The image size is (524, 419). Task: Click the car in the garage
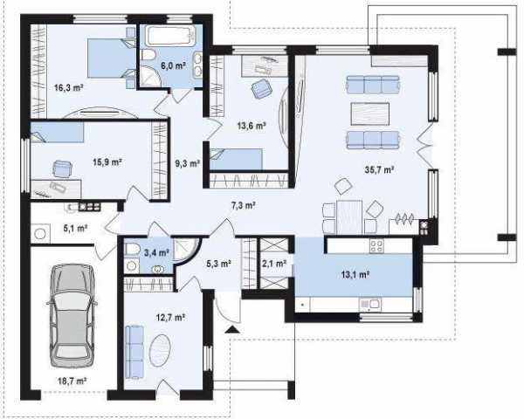tap(72, 316)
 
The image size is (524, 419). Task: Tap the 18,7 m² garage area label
tap(72, 381)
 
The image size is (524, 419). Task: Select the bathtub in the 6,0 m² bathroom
tap(171, 37)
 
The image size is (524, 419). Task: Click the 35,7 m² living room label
tap(379, 169)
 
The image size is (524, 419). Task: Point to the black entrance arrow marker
tap(232, 330)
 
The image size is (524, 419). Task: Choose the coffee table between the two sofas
tap(369, 114)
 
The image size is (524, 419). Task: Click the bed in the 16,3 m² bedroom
tap(112, 58)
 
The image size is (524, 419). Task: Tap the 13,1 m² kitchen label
tap(355, 275)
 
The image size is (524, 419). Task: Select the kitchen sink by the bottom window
tap(369, 304)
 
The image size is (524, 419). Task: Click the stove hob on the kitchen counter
tap(376, 246)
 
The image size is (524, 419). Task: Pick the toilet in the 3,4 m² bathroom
tap(132, 249)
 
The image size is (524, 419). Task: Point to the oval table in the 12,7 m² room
tap(161, 350)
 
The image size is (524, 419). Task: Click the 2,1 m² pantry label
tap(274, 264)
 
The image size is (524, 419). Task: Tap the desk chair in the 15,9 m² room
tap(63, 168)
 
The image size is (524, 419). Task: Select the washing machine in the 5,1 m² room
tap(40, 234)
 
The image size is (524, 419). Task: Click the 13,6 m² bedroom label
tap(252, 126)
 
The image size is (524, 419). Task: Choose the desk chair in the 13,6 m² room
tap(260, 89)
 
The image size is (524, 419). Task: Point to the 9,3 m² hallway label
tap(188, 163)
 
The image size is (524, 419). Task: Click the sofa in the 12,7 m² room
tap(134, 352)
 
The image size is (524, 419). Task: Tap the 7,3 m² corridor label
tap(244, 205)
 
